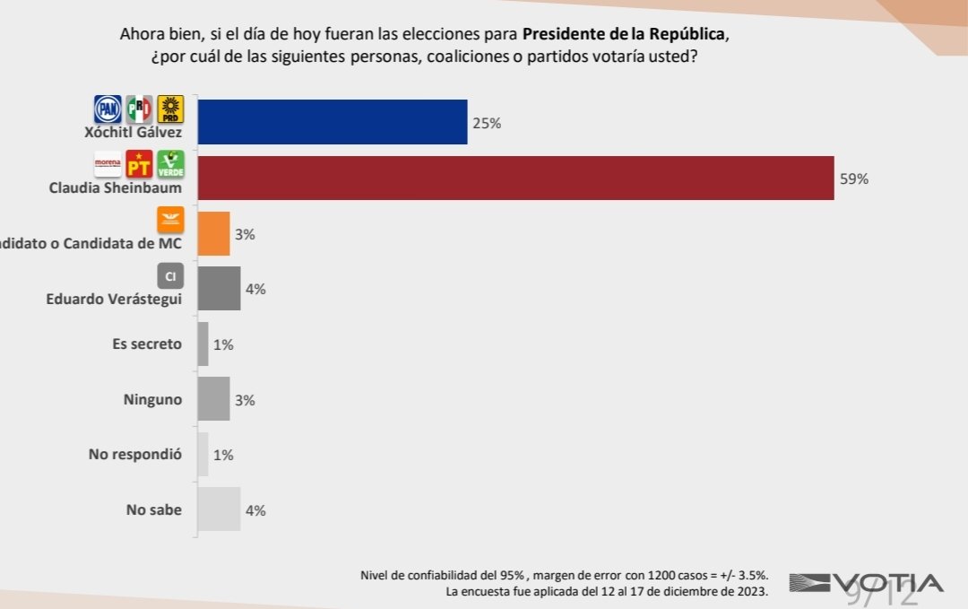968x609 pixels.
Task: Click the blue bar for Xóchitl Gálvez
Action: click(332, 122)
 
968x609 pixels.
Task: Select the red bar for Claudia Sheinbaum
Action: click(515, 178)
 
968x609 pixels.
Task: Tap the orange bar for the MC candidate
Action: click(213, 234)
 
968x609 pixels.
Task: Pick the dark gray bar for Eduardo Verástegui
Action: click(219, 289)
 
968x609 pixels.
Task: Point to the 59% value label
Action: click(854, 178)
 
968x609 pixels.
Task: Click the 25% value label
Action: click(487, 123)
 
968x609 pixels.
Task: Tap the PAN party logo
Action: click(108, 109)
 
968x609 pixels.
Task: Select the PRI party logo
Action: click(139, 109)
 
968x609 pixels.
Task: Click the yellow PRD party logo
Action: click(169, 109)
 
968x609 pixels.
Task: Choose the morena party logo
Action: click(108, 164)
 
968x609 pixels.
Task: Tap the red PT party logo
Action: click(139, 164)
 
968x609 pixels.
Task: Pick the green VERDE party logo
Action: click(169, 164)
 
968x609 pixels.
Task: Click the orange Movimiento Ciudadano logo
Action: click(170, 220)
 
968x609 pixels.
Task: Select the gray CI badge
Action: click(170, 275)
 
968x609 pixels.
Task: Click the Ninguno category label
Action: click(152, 399)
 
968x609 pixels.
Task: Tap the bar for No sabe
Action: click(219, 509)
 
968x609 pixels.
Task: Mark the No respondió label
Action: click(135, 455)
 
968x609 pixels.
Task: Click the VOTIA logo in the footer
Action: click(866, 584)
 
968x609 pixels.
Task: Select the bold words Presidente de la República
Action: click(623, 35)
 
